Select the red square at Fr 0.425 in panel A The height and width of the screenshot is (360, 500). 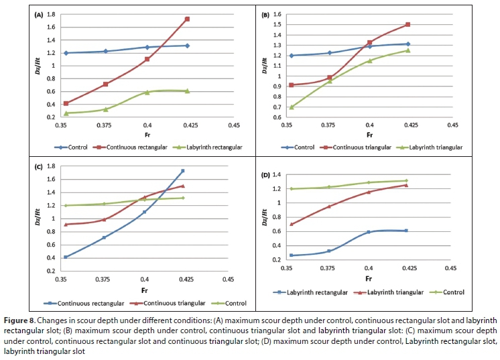[x=187, y=19]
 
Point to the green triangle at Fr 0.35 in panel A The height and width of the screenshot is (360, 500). [x=66, y=113]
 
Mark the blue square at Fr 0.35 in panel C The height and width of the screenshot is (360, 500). [x=65, y=257]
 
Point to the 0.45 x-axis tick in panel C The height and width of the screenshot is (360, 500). [x=229, y=279]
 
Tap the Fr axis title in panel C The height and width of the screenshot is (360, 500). [x=145, y=290]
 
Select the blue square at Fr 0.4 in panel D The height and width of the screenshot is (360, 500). [x=369, y=232]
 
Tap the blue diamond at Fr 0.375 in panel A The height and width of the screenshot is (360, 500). [x=105, y=51]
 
